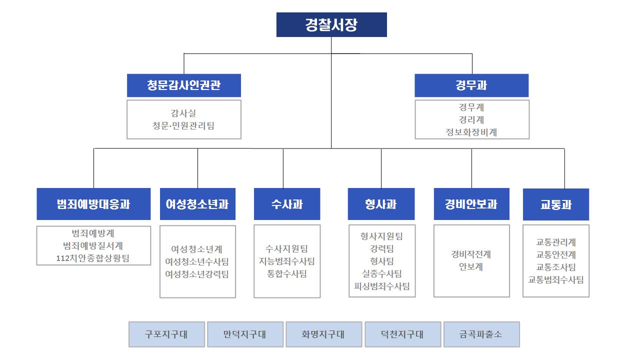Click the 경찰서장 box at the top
(331, 24)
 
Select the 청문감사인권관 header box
(183, 85)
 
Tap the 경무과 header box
(471, 85)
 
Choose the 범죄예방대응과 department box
(93, 204)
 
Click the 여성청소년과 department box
(197, 204)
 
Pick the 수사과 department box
(287, 204)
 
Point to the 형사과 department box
(381, 204)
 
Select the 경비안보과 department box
(471, 204)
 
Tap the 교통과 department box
(555, 204)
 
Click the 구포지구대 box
(166, 334)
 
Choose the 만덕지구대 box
(245, 334)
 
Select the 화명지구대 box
(323, 334)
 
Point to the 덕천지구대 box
(403, 334)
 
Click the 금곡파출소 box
(481, 334)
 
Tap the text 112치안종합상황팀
(93, 258)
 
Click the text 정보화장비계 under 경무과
(471, 132)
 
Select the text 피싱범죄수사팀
(381, 286)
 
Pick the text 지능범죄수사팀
(286, 261)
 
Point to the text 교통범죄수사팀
(555, 279)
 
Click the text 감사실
(183, 113)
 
